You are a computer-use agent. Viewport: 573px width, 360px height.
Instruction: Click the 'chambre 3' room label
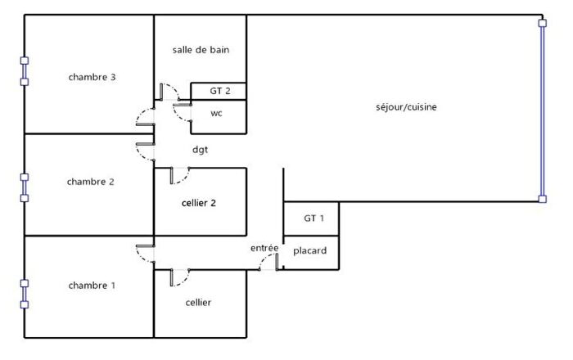point(92,78)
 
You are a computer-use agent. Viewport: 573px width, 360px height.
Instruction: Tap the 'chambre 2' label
point(90,182)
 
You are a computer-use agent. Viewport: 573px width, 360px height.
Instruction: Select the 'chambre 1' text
point(92,286)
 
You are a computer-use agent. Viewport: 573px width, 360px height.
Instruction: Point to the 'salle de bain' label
point(201,50)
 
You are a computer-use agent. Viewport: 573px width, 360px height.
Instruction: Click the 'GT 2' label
point(220,91)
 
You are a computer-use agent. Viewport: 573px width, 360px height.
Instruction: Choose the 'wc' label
point(216,113)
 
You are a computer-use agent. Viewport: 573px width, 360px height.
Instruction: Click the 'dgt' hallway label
point(200,150)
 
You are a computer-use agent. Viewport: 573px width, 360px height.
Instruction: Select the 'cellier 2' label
point(198,202)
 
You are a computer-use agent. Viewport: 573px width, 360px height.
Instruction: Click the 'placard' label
point(311,250)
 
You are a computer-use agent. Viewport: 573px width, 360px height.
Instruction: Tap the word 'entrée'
point(264,247)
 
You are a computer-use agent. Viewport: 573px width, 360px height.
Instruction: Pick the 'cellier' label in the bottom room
point(198,303)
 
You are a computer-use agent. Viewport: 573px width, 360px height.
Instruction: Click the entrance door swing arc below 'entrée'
point(268,262)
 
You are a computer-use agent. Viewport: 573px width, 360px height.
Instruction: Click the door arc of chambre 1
point(145,254)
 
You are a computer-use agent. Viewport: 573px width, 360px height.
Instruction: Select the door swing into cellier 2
point(179,175)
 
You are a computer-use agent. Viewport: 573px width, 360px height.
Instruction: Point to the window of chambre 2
point(25,187)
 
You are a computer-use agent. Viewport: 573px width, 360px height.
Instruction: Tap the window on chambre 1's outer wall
point(25,294)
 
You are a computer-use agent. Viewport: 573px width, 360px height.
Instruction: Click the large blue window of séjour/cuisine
point(541,110)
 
